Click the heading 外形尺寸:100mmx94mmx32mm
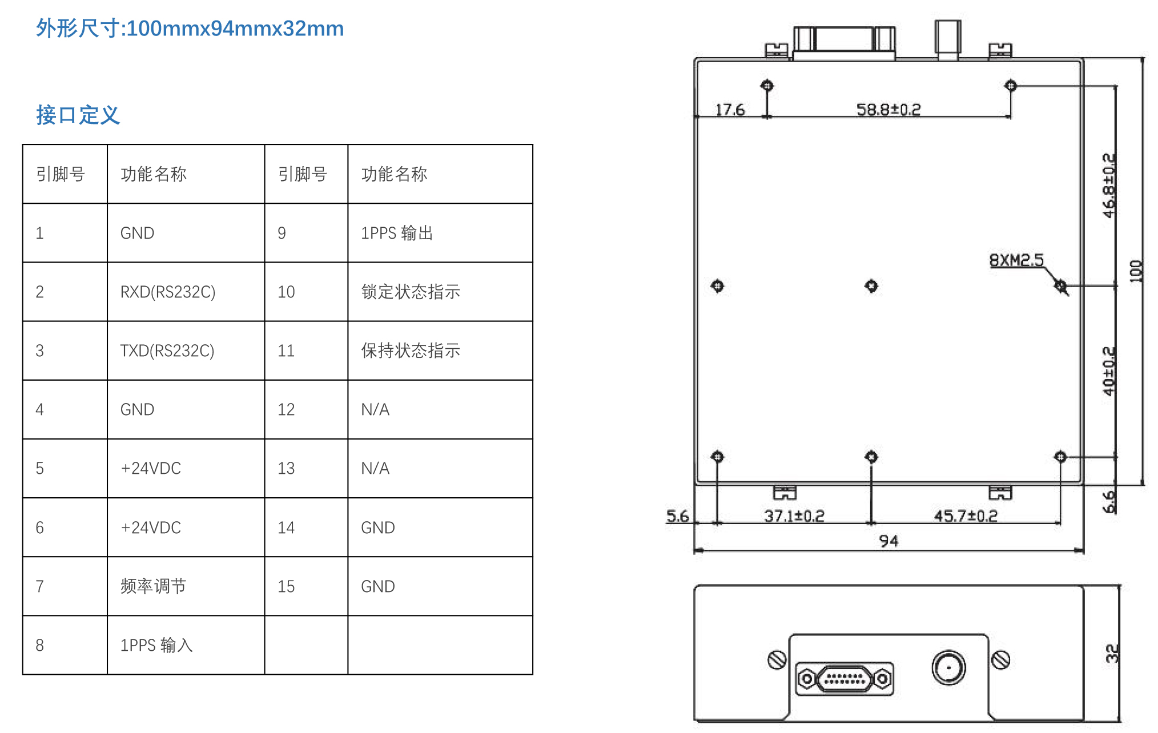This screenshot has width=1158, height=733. pyautogui.click(x=190, y=28)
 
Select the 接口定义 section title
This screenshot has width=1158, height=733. pyautogui.click(x=78, y=115)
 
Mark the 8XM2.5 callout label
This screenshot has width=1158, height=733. pyautogui.click(x=1016, y=260)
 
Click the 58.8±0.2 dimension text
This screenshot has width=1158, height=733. pyautogui.click(x=888, y=109)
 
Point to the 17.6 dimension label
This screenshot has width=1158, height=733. pyautogui.click(x=730, y=109)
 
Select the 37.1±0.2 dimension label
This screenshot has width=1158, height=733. pyautogui.click(x=794, y=516)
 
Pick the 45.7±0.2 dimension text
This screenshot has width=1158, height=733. pyautogui.click(x=966, y=516)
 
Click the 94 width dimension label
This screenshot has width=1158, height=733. pyautogui.click(x=888, y=541)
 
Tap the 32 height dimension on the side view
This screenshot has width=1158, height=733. pyautogui.click(x=1111, y=653)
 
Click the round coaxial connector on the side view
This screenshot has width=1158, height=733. pyautogui.click(x=948, y=667)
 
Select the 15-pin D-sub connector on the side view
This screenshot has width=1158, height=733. pyautogui.click(x=845, y=679)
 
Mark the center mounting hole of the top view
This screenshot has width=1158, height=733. pyautogui.click(x=871, y=285)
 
